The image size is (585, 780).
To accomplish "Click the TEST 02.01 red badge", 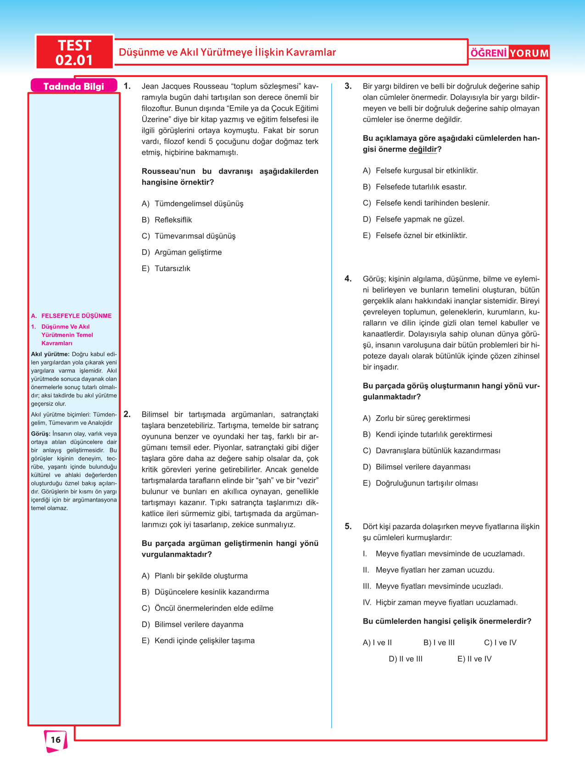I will pos(74,52).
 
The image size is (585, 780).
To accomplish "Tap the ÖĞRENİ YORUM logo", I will pos(509,53).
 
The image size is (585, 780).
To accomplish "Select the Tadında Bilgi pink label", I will pos(74,86).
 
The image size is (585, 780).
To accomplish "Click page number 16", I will pos(56,740).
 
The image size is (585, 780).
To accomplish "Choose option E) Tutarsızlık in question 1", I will pos(166,268).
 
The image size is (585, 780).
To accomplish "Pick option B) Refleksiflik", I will pos(167,220).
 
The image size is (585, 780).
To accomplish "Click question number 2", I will pos(127,414).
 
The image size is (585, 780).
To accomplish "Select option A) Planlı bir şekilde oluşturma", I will pos(195,576).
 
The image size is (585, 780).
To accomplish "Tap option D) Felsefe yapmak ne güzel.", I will pos(413,219).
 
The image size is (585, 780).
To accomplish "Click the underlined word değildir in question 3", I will pos(422,149).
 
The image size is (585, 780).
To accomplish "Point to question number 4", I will pos(348,279).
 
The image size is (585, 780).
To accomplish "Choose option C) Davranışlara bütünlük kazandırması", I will pos(431,451).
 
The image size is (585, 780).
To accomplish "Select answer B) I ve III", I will pos(439,642).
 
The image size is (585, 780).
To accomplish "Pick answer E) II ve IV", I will pos(474,659).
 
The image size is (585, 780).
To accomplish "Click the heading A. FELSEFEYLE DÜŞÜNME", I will pos(72,316).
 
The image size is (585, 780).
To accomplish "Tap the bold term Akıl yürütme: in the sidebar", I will pos(50,354).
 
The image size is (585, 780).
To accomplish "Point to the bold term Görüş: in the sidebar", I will pos(41,434).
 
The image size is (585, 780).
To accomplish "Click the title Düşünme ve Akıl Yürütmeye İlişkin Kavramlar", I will pos(227,52).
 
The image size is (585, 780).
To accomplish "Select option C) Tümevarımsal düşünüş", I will pos(189,236).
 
